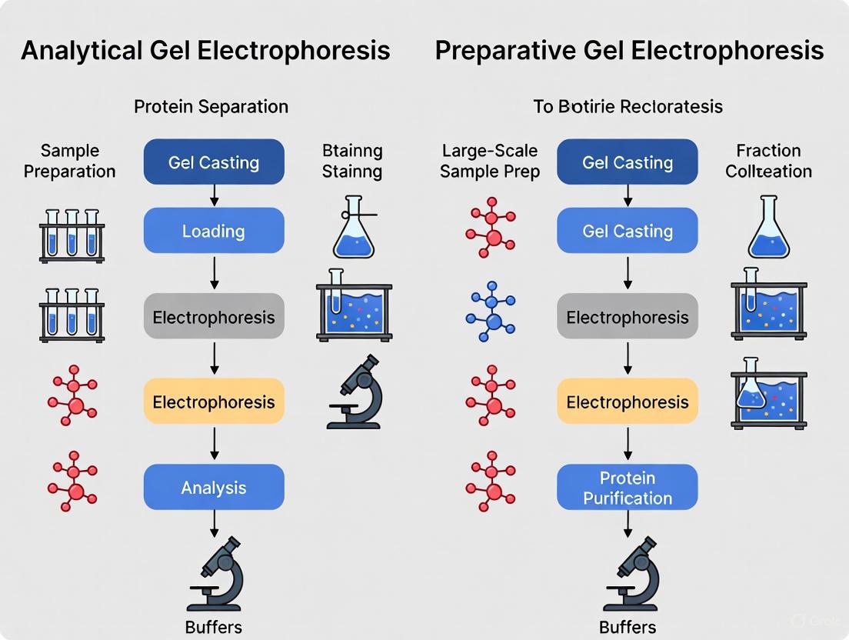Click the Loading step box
[x=214, y=231]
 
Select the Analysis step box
[x=214, y=487]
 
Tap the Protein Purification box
[x=628, y=488]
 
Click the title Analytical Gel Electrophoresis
[x=205, y=51]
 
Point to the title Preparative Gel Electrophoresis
[x=629, y=51]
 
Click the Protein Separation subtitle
[x=211, y=106]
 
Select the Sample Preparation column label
[x=69, y=161]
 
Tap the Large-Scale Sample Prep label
[x=489, y=161]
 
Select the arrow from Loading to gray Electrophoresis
[x=214, y=273]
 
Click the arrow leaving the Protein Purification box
[x=628, y=522]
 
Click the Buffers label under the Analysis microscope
[x=214, y=627]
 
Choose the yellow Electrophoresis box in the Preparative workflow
[x=628, y=402]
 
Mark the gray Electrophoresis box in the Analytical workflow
[x=214, y=316]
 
